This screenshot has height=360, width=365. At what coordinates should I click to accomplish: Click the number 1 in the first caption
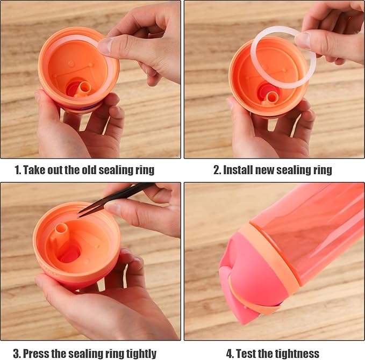[17, 170]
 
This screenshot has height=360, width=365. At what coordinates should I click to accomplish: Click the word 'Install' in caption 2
[240, 170]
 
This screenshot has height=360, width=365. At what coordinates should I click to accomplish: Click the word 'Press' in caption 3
[36, 353]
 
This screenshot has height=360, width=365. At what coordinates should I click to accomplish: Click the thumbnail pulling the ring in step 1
[105, 46]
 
